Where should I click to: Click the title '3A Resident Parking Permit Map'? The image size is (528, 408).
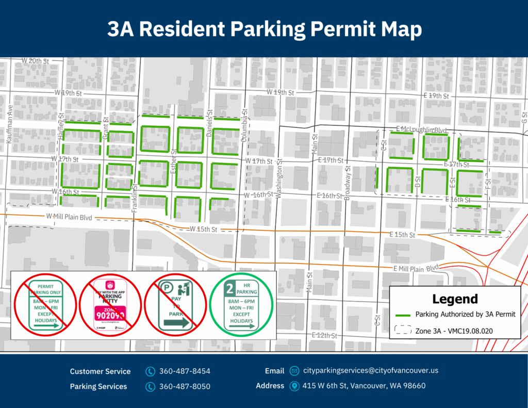tap(264, 29)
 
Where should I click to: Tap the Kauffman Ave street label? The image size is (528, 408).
tap(10, 124)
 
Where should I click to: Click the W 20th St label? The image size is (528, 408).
tap(35, 61)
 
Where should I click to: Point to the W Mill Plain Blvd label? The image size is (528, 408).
tap(69, 217)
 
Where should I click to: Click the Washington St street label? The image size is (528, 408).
tap(279, 178)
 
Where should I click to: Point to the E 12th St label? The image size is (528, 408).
tap(324, 335)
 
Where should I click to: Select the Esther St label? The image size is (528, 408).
tap(174, 160)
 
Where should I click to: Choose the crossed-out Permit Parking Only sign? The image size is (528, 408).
tap(46, 305)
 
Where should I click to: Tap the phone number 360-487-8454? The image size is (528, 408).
tap(185, 371)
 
